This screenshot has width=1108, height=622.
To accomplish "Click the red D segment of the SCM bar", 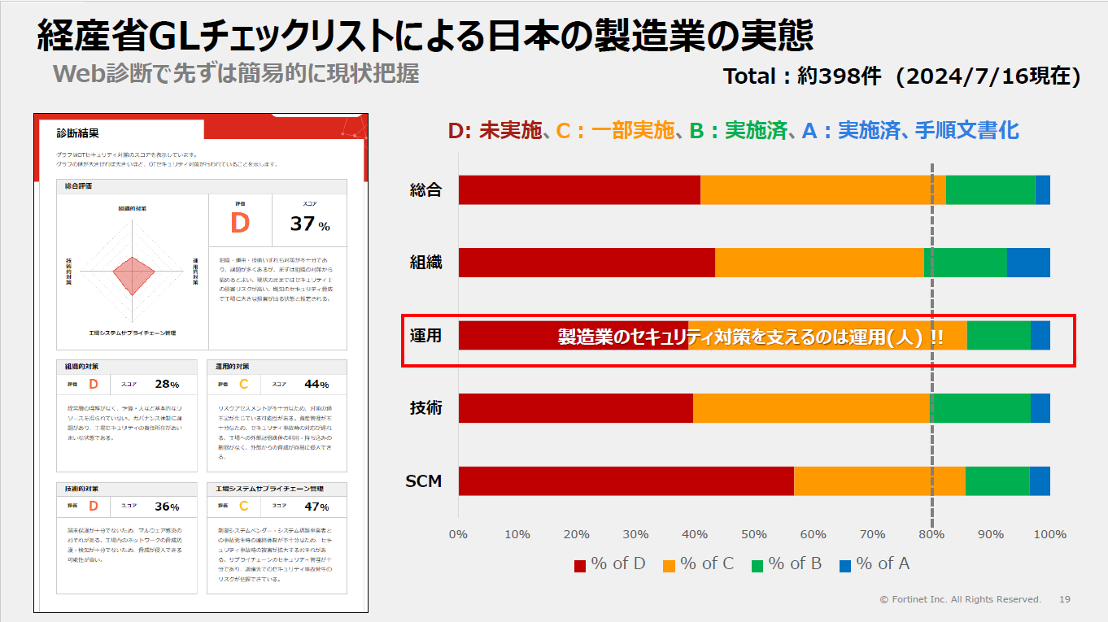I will tap(626, 481).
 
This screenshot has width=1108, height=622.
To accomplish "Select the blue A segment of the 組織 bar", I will tap(1027, 263).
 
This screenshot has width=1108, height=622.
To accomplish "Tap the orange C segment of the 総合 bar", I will tap(822, 189).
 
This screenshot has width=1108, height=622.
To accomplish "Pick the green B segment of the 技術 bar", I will tap(980, 408).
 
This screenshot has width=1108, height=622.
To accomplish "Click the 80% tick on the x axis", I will tap(931, 534).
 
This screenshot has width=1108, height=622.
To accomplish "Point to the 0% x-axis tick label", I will tap(458, 534).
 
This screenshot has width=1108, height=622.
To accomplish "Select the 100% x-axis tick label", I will tap(1049, 534).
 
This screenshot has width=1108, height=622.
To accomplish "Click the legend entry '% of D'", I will tap(610, 563).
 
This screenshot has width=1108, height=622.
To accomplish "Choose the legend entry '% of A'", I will tap(875, 563).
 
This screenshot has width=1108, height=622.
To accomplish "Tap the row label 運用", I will tap(425, 335).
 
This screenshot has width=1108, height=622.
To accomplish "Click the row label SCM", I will tap(424, 481).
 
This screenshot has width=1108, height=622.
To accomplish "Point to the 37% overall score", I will tap(310, 224).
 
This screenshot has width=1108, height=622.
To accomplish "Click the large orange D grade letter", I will tap(240, 223).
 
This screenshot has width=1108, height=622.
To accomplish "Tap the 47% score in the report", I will tap(316, 507).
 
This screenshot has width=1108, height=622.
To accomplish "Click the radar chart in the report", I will tap(133, 273).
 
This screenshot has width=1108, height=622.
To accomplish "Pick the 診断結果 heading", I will tap(78, 133).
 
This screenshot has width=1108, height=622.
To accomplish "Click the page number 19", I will tap(1065, 599).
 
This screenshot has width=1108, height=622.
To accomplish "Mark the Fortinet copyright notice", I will tap(960, 599).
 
